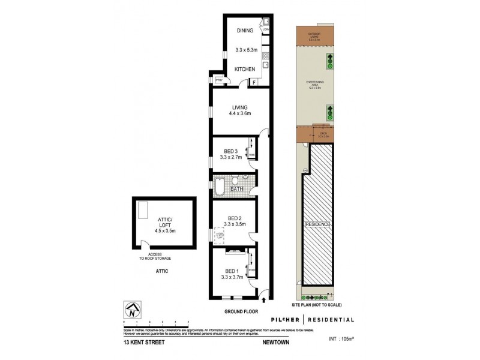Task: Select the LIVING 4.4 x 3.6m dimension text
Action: (237, 113)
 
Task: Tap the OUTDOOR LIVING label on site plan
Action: (313, 35)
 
